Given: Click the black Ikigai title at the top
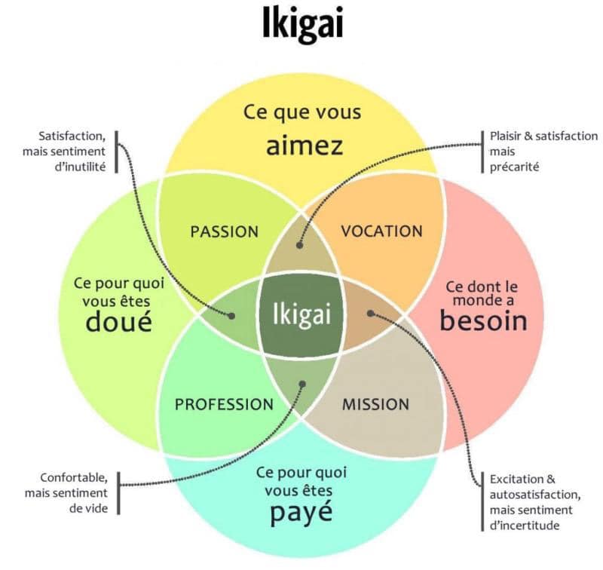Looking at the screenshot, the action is point(302,24).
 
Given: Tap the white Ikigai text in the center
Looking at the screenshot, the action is point(302,315).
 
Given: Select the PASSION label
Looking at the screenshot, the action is point(225,232).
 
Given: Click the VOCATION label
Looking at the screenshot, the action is point(382,231).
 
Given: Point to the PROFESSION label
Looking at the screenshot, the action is point(224,404).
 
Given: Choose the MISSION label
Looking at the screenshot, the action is point(375,404).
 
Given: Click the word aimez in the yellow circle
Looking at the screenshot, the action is point(305,146).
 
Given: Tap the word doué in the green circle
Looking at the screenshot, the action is point(119,321).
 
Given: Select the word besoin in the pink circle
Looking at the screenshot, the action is point(483,320).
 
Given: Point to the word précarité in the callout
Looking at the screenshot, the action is point(515,167).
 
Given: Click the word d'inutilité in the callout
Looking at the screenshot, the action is point(80,167).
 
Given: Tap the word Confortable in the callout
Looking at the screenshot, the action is point(74,478).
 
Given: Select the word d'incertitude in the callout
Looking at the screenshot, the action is point(525,526).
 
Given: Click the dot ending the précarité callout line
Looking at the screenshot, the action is point(299,245).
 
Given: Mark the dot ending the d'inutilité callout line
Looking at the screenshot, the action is point(231,316).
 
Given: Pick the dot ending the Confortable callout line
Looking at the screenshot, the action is point(302,384).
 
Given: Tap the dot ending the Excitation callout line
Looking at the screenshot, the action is point(370,314).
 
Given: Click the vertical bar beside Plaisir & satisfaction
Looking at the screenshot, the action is point(482,152).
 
